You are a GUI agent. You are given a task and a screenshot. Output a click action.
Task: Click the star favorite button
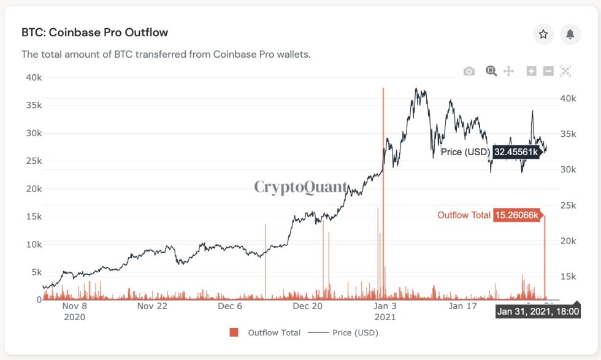tap(543, 34)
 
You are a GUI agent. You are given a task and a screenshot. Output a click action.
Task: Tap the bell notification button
tap(570, 34)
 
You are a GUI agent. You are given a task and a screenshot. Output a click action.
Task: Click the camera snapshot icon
tap(469, 71)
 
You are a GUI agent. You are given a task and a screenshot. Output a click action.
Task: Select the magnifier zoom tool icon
tap(491, 71)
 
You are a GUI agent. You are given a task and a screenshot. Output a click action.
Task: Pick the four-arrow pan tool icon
tap(508, 71)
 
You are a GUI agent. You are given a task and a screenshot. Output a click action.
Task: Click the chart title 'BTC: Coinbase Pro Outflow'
tap(94, 33)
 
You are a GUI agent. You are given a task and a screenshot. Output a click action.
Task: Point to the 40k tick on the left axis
tap(33, 77)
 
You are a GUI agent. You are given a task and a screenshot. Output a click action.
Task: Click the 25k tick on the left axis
tap(33, 161)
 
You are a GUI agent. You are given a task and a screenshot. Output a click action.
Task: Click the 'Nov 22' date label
tap(153, 306)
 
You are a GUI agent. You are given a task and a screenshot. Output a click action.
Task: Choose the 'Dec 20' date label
tap(307, 306)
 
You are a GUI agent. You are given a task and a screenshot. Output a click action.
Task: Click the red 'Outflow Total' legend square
tap(234, 332)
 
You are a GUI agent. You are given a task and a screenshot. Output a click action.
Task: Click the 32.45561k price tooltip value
tap(516, 151)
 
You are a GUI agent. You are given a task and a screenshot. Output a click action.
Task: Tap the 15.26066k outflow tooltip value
tap(518, 215)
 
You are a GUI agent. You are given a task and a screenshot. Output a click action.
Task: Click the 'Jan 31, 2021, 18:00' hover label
tap(538, 312)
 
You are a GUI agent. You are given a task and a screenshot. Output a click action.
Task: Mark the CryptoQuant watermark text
tap(300, 186)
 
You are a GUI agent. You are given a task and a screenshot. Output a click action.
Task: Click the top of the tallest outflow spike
tap(383, 88)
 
